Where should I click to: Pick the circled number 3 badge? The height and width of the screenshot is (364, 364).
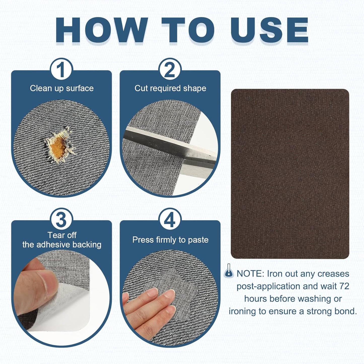point(61,220)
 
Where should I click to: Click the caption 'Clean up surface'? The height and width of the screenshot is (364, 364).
point(62,88)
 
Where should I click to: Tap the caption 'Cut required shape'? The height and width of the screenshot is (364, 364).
point(170,88)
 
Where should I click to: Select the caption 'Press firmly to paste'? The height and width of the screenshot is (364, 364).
point(170,240)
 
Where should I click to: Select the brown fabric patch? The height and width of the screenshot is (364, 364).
point(290,174)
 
